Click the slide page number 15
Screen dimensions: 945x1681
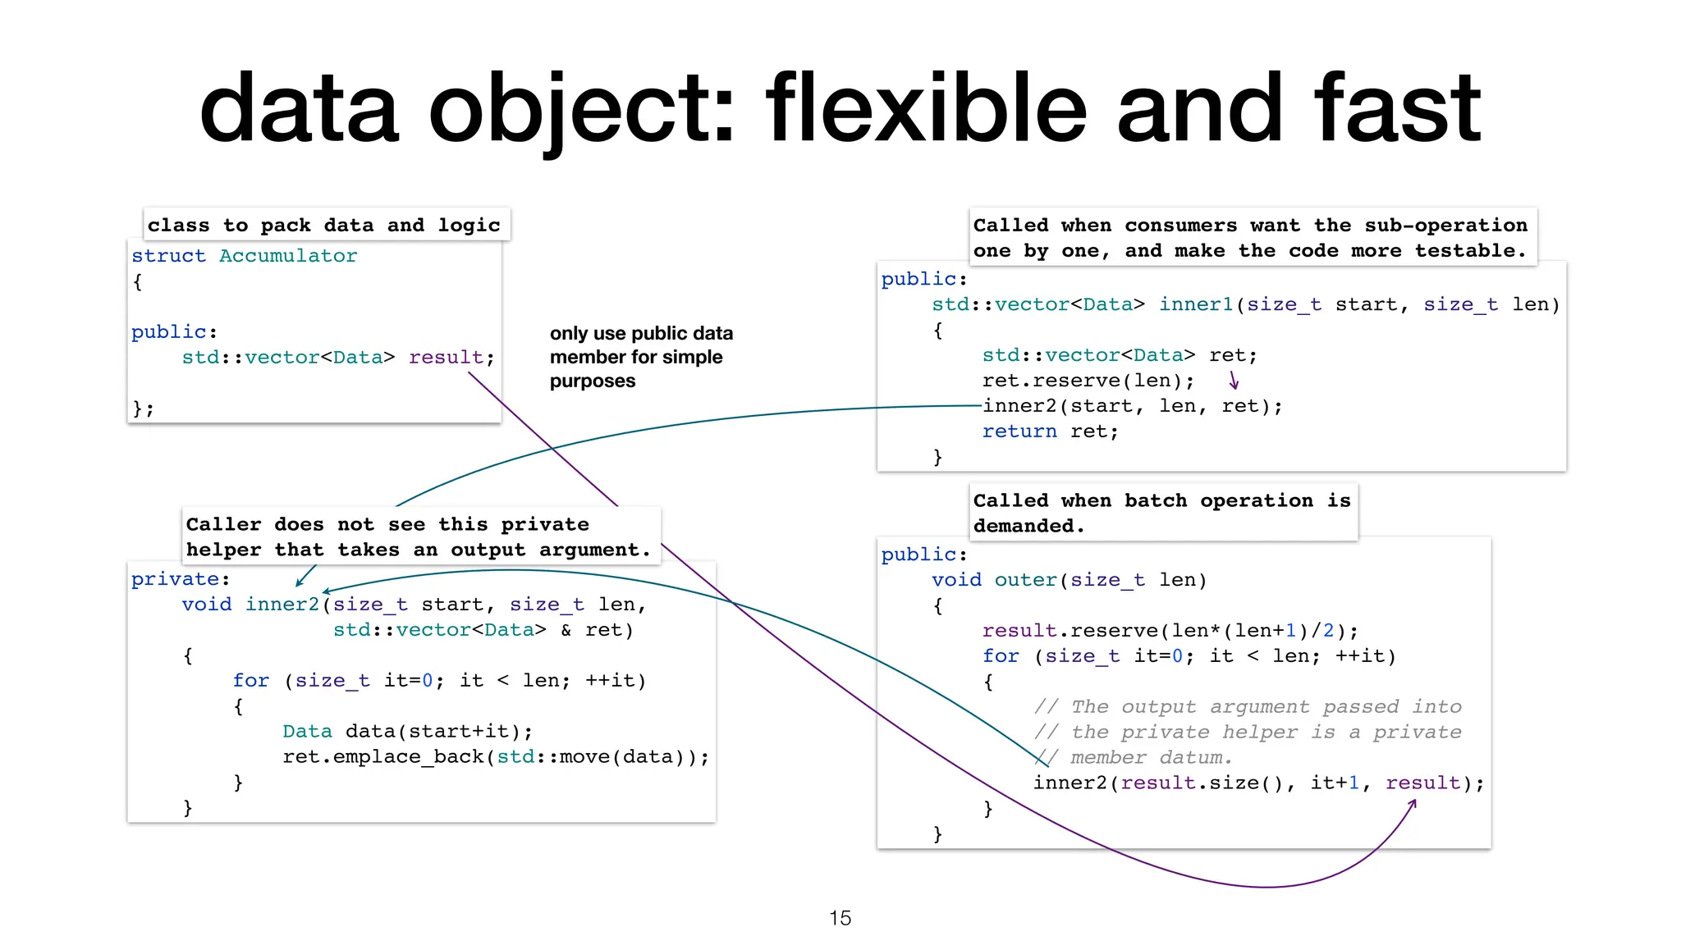[x=840, y=918]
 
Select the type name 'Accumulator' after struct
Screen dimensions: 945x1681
[x=288, y=256]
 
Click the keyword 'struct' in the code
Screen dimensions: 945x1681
[x=168, y=256]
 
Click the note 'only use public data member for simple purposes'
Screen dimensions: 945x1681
[x=640, y=357]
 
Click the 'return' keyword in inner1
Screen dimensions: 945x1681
[x=1019, y=431]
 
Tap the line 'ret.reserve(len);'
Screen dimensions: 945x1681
[x=1088, y=381]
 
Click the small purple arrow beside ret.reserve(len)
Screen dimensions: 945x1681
[x=1233, y=381]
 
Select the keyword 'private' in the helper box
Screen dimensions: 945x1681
[x=175, y=579]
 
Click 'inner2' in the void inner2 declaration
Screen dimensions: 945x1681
[x=282, y=605]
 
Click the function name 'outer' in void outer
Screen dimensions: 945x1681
[x=1026, y=581]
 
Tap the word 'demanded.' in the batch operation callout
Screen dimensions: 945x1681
[x=1028, y=526]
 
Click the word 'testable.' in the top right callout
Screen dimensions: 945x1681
[x=1470, y=251]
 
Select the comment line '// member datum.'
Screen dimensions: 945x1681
[x=1133, y=757]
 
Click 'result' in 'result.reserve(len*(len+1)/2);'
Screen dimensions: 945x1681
[x=1019, y=631]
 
